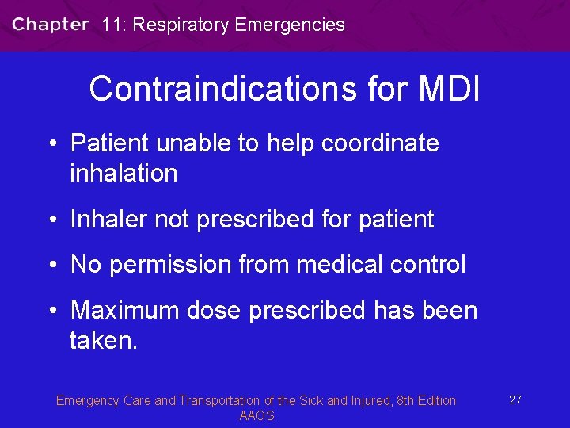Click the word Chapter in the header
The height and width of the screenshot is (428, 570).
[50, 24]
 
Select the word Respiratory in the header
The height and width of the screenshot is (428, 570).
[181, 25]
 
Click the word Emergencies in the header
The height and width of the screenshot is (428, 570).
[290, 25]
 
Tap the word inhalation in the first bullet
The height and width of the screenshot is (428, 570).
[123, 174]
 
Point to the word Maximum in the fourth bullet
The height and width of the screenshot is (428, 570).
[125, 310]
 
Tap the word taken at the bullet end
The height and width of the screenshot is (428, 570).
[101, 340]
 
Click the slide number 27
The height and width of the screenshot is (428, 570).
[515, 399]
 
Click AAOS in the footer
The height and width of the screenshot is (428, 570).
[256, 416]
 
